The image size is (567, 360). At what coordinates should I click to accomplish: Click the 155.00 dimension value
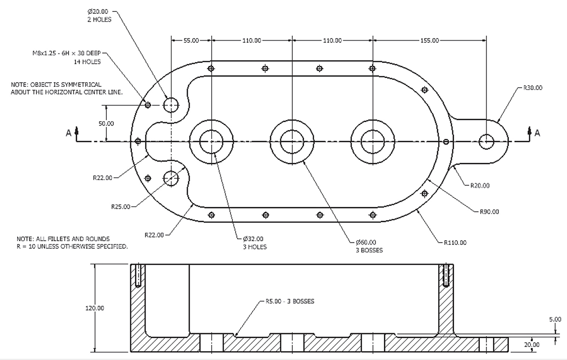point(429,41)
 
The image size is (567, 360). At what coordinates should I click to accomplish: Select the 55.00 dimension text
point(191,41)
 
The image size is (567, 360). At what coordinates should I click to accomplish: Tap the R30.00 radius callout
point(533,88)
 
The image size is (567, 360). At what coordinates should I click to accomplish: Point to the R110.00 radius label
point(455,242)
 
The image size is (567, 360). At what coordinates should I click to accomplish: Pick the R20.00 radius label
point(480,186)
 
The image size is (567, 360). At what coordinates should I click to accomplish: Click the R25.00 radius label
point(121,207)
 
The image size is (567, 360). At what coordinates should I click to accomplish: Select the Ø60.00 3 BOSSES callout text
point(367,246)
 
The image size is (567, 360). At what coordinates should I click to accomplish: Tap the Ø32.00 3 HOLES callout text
point(255,243)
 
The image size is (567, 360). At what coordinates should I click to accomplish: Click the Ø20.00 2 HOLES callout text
point(99,16)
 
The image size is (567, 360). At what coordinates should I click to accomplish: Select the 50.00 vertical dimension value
point(106,124)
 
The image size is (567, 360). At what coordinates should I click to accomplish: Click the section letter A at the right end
point(537,133)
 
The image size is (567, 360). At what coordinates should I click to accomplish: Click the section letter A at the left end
point(69,133)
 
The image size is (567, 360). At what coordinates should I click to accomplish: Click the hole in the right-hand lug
point(486,142)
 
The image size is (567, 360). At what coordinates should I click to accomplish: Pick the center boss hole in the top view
point(292,142)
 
